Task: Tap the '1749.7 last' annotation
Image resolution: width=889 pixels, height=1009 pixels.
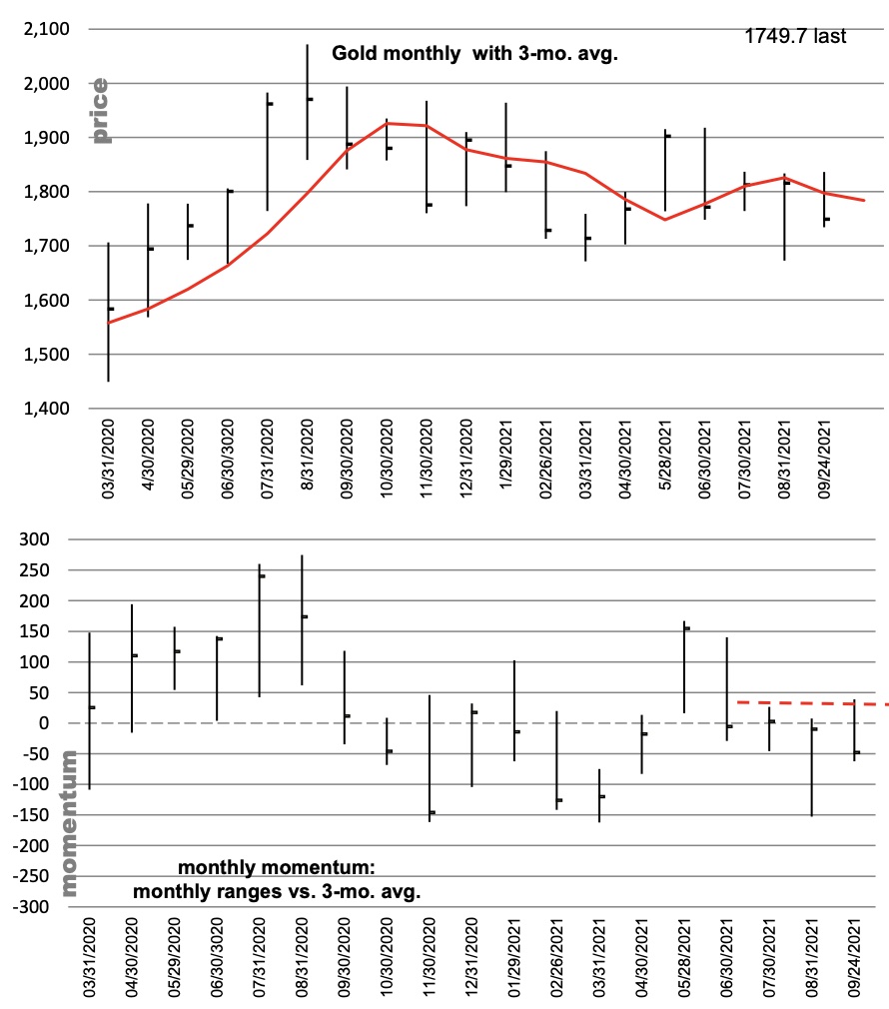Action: tap(795, 36)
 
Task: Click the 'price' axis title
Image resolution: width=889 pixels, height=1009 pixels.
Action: tap(100, 111)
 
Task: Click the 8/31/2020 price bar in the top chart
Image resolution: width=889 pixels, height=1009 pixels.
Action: tap(308, 102)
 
